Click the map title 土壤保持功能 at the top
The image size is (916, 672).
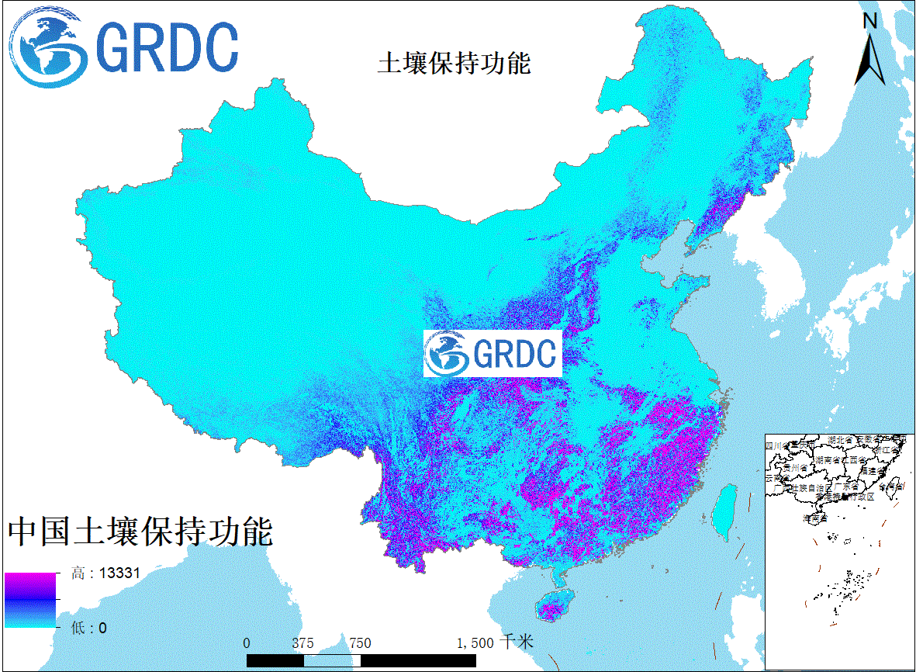coord(454,63)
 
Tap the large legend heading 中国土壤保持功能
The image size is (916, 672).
coord(140,532)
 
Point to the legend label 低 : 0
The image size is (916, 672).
coord(89,628)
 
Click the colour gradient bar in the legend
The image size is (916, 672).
coord(30,600)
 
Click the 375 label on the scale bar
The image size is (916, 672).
coord(302,643)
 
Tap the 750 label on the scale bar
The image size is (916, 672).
coord(360,643)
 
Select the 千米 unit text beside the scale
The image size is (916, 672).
coord(517,642)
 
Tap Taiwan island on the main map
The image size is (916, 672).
coord(725,512)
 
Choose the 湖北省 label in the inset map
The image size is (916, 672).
coord(841,440)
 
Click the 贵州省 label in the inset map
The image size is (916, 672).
coord(794,469)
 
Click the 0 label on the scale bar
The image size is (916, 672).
coord(247,643)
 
